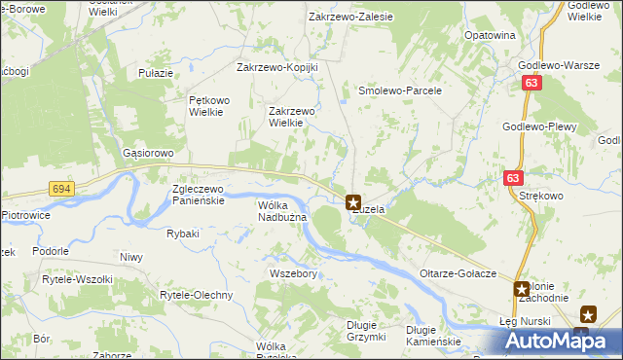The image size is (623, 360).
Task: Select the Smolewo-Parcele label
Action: [401, 90]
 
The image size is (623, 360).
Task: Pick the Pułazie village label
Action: [156, 73]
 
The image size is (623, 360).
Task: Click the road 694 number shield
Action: [61, 188]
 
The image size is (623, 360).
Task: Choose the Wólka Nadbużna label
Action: [282, 211]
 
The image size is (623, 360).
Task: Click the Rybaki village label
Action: [183, 234]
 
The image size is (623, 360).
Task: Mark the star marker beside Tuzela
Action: [353, 202]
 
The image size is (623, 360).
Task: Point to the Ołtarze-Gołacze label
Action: [459, 274]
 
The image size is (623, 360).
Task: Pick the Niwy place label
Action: [130, 257]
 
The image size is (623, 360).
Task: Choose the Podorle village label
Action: [50, 250]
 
